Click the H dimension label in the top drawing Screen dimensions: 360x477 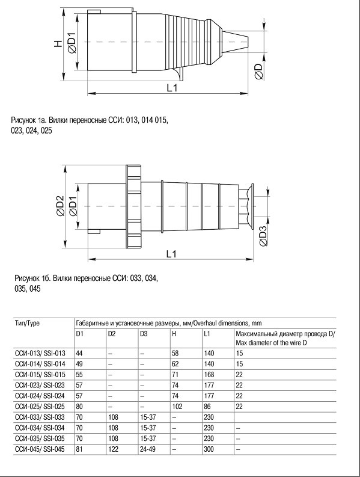(58, 43)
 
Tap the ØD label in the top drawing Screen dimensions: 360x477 (259, 72)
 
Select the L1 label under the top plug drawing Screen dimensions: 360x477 (172, 88)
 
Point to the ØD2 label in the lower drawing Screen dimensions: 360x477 (60, 206)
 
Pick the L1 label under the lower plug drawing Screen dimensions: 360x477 (171, 254)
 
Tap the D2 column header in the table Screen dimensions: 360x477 (112, 334)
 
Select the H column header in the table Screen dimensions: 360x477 (174, 334)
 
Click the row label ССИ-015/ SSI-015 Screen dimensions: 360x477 (40, 375)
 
